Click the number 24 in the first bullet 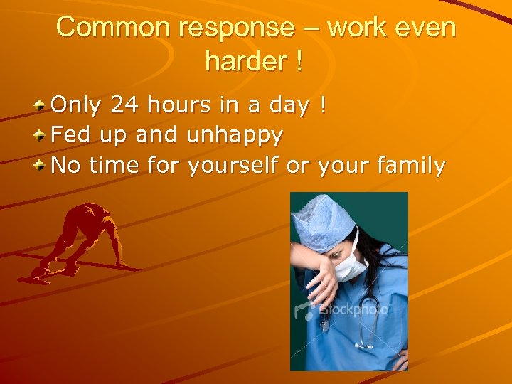pyautogui.click(x=126, y=105)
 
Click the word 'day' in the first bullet pyautogui.click(x=289, y=107)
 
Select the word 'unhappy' pyautogui.click(x=235, y=136)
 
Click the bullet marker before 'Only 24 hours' pyautogui.click(x=42, y=106)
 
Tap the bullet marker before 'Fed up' pyautogui.click(x=42, y=135)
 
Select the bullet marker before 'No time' pyautogui.click(x=42, y=166)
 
